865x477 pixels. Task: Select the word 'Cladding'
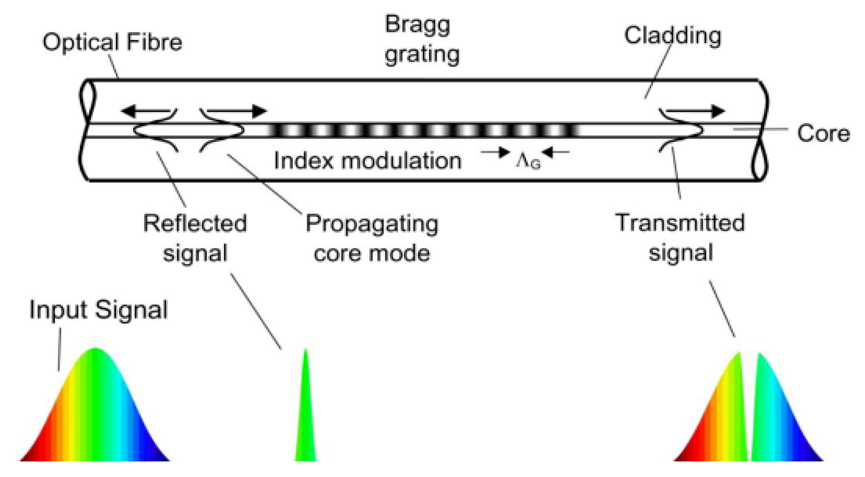672,36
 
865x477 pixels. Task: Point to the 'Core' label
823,133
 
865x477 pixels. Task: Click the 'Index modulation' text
368,161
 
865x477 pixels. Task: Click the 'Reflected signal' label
195,238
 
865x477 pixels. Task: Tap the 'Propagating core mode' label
372,238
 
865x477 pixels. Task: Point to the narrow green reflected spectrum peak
306,420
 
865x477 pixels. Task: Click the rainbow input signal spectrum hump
95,413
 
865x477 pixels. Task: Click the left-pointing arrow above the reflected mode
145,111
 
